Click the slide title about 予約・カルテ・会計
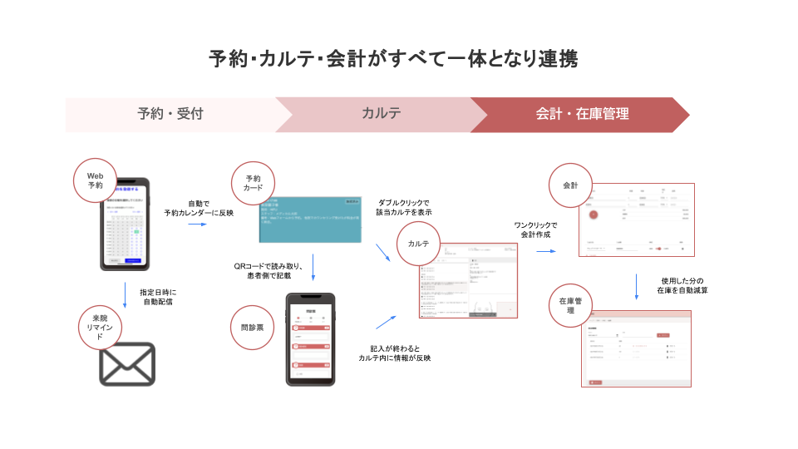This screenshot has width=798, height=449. coord(393,59)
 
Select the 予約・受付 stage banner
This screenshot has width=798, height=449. coord(170,115)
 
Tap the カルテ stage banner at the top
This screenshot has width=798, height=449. coord(382,115)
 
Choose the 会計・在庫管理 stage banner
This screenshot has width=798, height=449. coord(582,115)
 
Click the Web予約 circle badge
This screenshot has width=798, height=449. coord(96,180)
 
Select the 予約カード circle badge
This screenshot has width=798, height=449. coord(253,184)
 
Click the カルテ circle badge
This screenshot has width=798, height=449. coord(419,244)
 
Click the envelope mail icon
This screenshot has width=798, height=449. coord(127,364)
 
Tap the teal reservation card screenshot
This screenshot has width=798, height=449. coord(311,220)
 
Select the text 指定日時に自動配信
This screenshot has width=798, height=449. coord(158,298)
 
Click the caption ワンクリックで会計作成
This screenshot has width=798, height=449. coord(536,230)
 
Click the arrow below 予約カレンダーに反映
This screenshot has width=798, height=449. coord(197,224)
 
